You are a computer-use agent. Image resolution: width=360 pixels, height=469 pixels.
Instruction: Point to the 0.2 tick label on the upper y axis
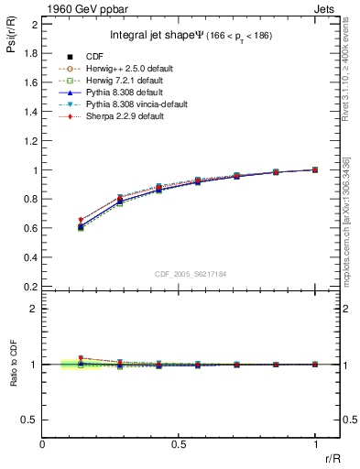31,287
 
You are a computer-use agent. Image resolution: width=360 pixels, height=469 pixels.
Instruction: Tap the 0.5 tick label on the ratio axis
31,420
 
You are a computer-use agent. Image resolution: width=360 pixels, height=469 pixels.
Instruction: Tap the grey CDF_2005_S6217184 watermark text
191,274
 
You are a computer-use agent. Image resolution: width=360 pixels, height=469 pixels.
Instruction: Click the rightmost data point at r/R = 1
315,169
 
